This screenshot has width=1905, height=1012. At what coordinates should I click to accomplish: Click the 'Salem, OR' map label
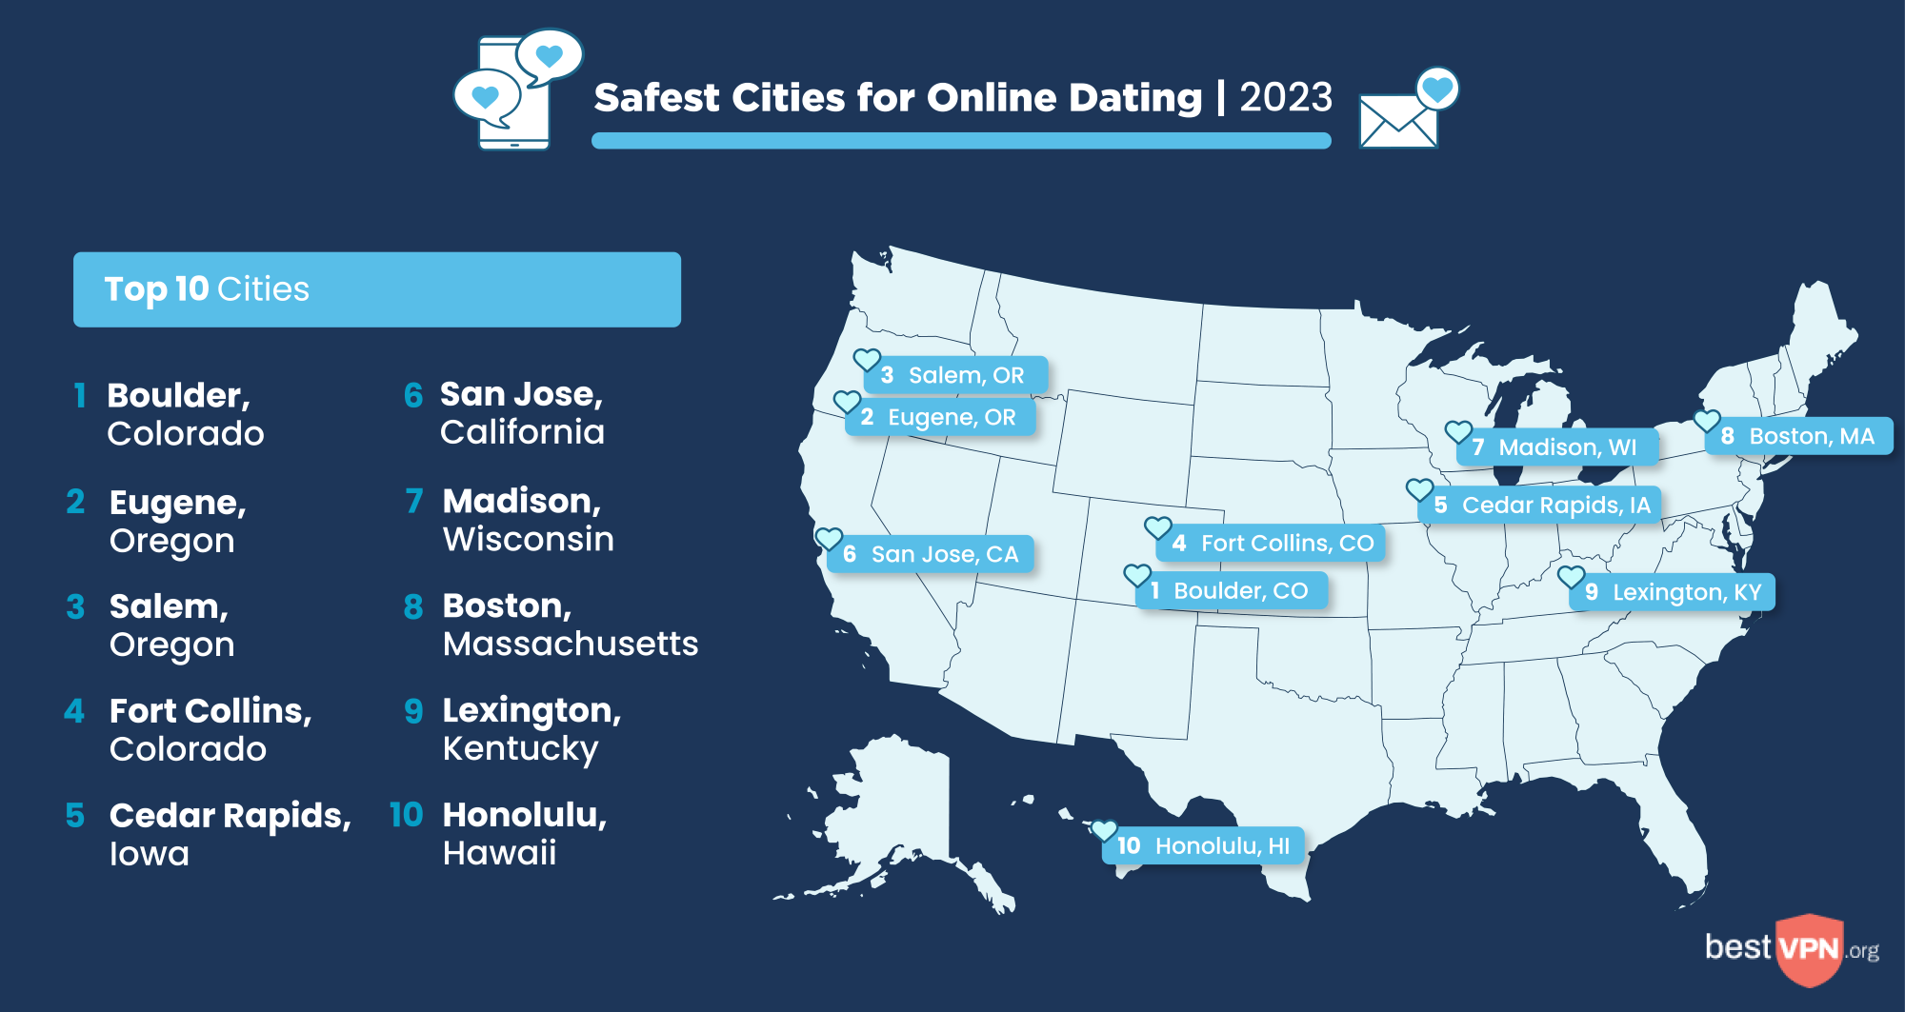pos(955,375)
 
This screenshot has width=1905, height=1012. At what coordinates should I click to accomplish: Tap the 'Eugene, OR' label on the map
pos(941,417)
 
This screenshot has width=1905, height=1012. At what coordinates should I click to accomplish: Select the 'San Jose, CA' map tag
pos(931,554)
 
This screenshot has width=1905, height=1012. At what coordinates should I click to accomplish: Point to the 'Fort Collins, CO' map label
pos(1271,543)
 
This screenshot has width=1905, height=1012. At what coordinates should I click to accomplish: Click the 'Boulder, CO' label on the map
pos(1232,590)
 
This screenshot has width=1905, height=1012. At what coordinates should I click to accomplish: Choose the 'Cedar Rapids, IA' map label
pos(1540,505)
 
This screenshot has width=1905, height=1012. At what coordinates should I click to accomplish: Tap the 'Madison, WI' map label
pos(1557,447)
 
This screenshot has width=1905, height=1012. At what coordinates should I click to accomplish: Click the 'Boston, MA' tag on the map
pos(1798,436)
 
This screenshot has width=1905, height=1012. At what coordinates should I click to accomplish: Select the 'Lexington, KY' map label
pos(1673,592)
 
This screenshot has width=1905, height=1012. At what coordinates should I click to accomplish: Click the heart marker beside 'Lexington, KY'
pos(1571,576)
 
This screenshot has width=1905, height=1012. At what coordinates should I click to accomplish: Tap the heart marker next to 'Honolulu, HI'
pos(1104,830)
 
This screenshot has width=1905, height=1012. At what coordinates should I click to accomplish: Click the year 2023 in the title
pos(1286,97)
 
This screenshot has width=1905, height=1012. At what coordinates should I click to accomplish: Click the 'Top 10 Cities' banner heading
pos(207,289)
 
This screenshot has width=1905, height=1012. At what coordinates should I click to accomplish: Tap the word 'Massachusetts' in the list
pos(571,645)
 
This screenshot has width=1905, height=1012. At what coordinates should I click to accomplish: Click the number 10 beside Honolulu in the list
pos(406,815)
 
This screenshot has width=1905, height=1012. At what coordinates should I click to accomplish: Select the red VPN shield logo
pos(1809,948)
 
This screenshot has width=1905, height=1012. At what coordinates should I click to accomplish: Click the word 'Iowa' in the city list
pos(150,854)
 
